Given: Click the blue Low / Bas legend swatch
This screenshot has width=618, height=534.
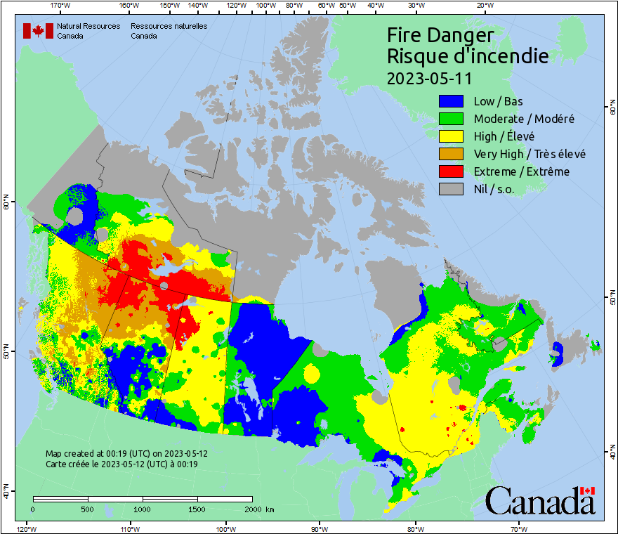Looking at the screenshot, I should point(452,101).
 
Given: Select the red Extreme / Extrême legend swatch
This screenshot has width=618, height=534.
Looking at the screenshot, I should point(452,171).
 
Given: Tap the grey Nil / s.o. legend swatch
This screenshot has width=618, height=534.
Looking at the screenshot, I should point(452,189).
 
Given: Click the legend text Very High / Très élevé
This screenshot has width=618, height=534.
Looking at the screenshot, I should point(530,154).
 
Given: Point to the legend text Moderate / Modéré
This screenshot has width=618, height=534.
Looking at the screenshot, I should point(524,119).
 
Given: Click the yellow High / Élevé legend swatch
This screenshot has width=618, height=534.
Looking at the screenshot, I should point(452,136).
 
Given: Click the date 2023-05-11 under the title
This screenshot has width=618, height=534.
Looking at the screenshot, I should point(429,77).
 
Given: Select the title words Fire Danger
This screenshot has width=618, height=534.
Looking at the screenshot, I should point(440,35).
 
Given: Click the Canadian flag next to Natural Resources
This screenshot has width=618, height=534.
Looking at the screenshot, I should point(38,30).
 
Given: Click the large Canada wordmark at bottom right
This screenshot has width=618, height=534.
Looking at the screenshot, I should point(539,501).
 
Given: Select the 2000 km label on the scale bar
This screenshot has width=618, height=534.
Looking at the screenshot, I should point(259,509).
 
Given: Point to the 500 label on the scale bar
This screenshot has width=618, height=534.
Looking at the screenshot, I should point(87,509).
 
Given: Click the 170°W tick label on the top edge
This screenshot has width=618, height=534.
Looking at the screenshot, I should point(60,5).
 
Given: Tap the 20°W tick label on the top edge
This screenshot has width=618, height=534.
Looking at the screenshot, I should point(483,5).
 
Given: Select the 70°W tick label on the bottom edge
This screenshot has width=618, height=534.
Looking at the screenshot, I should point(519,528).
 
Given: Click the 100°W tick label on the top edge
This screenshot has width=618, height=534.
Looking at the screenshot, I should point(265,5).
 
